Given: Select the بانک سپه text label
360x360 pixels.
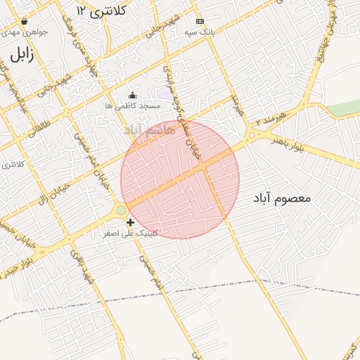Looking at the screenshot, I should point(200,32).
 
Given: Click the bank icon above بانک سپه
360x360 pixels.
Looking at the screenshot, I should point(200,22).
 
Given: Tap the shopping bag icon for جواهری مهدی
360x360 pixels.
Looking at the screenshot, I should point(25,22).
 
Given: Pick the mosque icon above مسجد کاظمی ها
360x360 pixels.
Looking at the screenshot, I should point(132,95).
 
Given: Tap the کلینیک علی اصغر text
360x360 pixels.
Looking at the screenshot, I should point(131,233).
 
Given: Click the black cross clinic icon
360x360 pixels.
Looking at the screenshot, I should point(131,222).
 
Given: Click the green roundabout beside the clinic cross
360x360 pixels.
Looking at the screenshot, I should point(121,210).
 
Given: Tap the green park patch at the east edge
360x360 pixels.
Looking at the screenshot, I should point(344,108).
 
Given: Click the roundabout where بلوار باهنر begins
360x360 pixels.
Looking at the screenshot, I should point(251,136).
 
